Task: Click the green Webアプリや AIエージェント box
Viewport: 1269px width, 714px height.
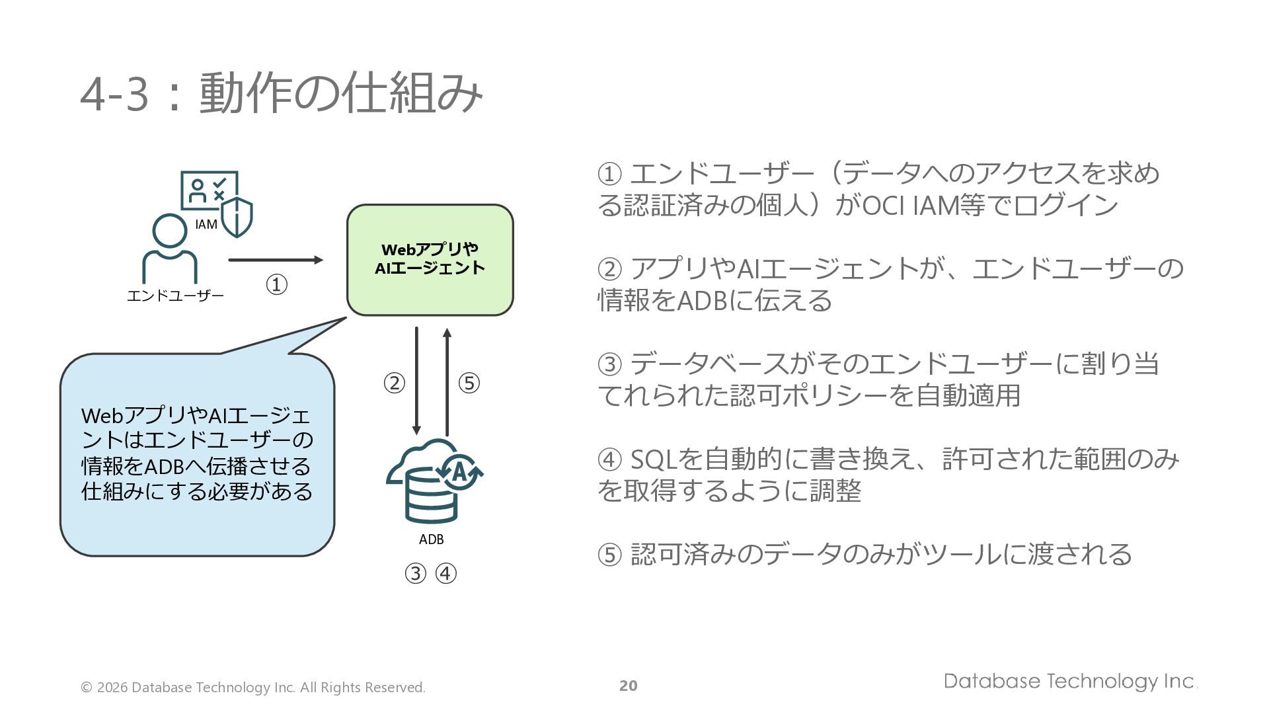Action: (x=430, y=260)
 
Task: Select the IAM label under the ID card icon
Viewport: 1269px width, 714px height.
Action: (x=206, y=224)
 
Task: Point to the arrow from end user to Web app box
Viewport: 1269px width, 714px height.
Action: (x=276, y=260)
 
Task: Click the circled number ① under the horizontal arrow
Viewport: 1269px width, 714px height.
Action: (x=276, y=285)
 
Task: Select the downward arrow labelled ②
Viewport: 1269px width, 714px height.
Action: (x=416, y=381)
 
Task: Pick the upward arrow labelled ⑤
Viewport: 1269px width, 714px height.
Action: (x=447, y=381)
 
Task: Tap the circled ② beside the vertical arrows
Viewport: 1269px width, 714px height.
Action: (x=395, y=383)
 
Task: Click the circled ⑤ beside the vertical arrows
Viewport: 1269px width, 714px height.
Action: (x=469, y=383)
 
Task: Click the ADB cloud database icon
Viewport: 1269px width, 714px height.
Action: (x=434, y=481)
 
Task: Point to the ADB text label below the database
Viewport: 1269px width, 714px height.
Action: (x=432, y=539)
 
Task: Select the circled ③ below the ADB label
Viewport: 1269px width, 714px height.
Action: (x=415, y=573)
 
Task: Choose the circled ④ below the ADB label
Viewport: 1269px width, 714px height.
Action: (x=446, y=573)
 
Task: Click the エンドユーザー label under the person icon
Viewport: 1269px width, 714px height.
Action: (x=175, y=296)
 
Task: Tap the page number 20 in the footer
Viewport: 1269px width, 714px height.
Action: (x=629, y=686)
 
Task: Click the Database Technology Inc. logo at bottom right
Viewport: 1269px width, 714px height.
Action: (x=1071, y=682)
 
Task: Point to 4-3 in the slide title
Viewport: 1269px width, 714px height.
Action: (x=114, y=95)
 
